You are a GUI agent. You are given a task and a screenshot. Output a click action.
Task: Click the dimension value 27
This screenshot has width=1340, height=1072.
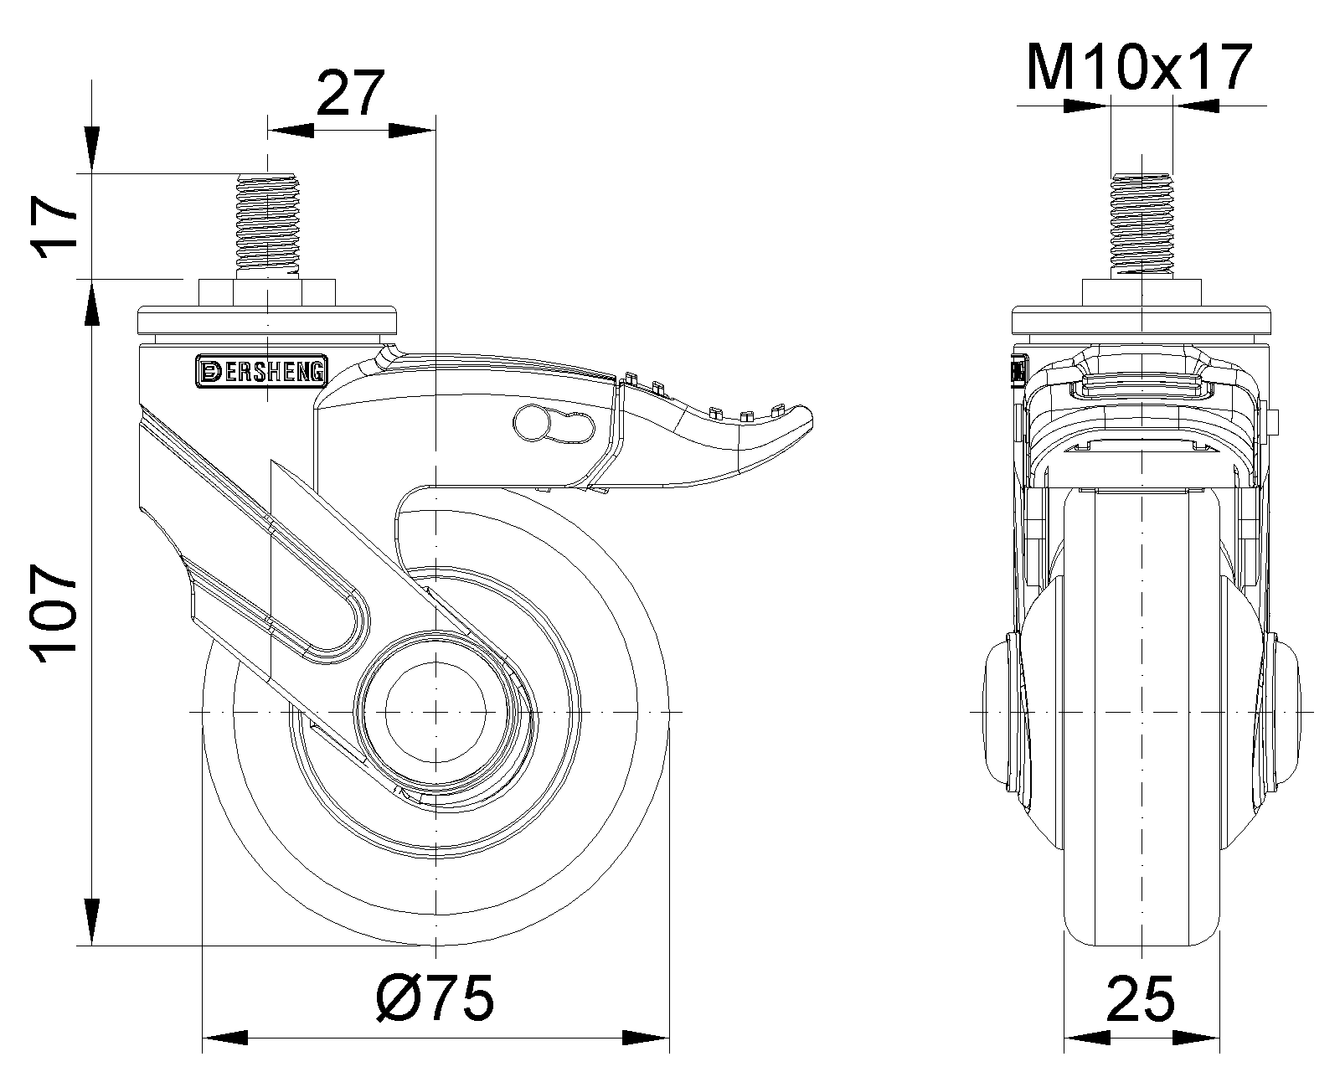click(351, 94)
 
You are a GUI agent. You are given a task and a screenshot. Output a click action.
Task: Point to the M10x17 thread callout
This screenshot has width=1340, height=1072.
click(1139, 67)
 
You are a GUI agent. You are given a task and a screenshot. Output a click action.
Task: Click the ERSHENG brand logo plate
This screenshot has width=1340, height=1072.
click(261, 372)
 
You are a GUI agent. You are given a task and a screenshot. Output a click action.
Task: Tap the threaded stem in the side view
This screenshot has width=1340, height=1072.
click(267, 227)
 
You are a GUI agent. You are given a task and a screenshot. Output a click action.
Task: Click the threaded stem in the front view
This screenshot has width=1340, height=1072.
click(1142, 227)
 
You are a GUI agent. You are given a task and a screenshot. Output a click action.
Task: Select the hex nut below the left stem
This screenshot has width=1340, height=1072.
click(267, 293)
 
